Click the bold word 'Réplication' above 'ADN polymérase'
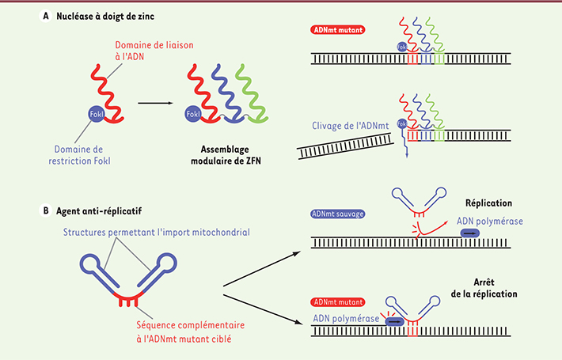coord(492,203)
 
